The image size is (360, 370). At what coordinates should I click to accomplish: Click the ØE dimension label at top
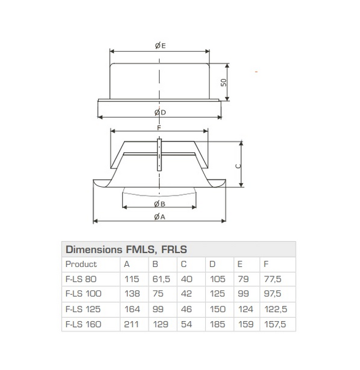tap(159, 45)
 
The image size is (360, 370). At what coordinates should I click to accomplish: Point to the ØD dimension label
tap(159, 112)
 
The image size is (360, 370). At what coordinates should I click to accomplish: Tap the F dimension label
tap(159, 127)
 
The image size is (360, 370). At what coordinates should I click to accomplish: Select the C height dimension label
tap(239, 165)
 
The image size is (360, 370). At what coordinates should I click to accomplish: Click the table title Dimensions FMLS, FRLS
tap(126, 250)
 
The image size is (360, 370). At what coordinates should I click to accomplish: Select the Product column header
tap(81, 264)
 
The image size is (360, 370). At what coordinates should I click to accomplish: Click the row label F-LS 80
tap(80, 279)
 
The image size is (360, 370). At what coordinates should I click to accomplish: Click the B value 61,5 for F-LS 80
tap(161, 279)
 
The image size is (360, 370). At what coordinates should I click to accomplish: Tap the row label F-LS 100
tap(83, 294)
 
